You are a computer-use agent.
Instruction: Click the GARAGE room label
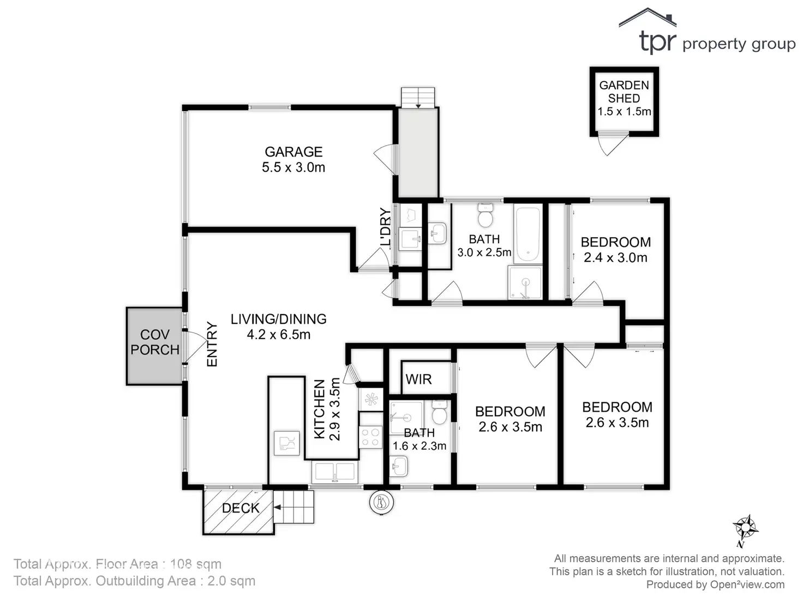click(293, 152)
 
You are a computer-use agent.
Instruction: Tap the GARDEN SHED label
click(624, 92)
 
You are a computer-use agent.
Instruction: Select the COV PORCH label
click(155, 342)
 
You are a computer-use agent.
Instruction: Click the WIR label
click(418, 379)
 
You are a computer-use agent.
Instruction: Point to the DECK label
click(241, 508)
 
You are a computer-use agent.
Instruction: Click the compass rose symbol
click(745, 528)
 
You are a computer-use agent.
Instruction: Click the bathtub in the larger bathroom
click(528, 234)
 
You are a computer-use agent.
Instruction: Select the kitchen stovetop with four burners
click(371, 437)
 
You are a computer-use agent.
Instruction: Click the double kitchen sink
click(335, 472)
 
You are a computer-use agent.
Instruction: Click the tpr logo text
click(657, 41)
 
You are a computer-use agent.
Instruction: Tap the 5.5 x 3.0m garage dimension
click(293, 167)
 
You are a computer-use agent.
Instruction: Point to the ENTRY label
click(212, 344)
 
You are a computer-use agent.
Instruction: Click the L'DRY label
click(386, 227)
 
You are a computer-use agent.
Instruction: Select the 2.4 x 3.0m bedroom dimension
click(615, 257)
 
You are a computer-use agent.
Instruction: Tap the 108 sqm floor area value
click(196, 564)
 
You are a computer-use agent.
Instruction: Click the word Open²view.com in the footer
click(747, 585)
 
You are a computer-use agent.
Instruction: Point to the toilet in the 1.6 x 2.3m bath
click(439, 413)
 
